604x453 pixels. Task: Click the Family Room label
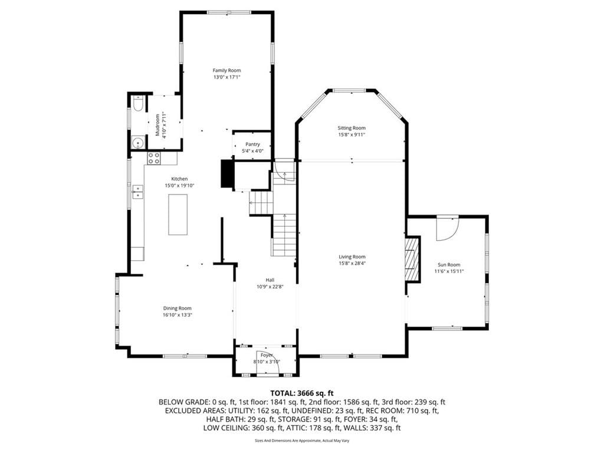click(x=227, y=71)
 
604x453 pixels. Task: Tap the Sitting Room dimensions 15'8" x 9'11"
click(x=352, y=135)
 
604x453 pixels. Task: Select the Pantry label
click(x=252, y=145)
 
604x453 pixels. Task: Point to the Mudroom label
click(x=157, y=125)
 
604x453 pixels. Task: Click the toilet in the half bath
click(x=138, y=104)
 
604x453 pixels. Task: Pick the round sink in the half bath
click(x=137, y=143)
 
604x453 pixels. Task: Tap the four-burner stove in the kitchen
click(x=154, y=158)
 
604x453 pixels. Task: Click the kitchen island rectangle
click(x=178, y=215)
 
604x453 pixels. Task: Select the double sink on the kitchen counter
click(x=137, y=192)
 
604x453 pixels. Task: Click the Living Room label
click(x=352, y=257)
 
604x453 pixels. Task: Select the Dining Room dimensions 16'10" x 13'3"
click(x=177, y=315)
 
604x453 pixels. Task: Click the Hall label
click(x=270, y=280)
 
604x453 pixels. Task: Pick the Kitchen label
click(x=179, y=179)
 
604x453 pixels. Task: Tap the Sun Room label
click(x=449, y=265)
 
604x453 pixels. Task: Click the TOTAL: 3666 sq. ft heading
click(x=301, y=393)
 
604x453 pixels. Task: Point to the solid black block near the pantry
click(x=226, y=173)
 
